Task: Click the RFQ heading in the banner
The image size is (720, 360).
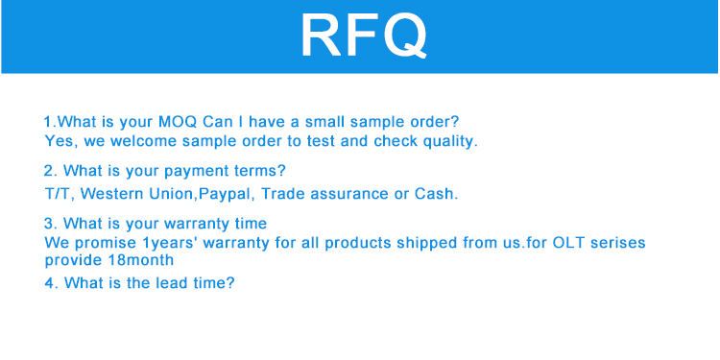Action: coord(364,36)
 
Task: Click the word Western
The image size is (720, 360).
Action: coord(112,194)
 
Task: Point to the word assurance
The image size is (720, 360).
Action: coord(349,194)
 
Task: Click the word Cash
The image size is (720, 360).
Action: coord(436,194)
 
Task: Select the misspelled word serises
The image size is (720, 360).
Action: coord(618,242)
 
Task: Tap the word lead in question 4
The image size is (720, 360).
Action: coord(166,282)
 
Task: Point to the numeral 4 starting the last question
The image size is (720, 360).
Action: coord(50,283)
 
